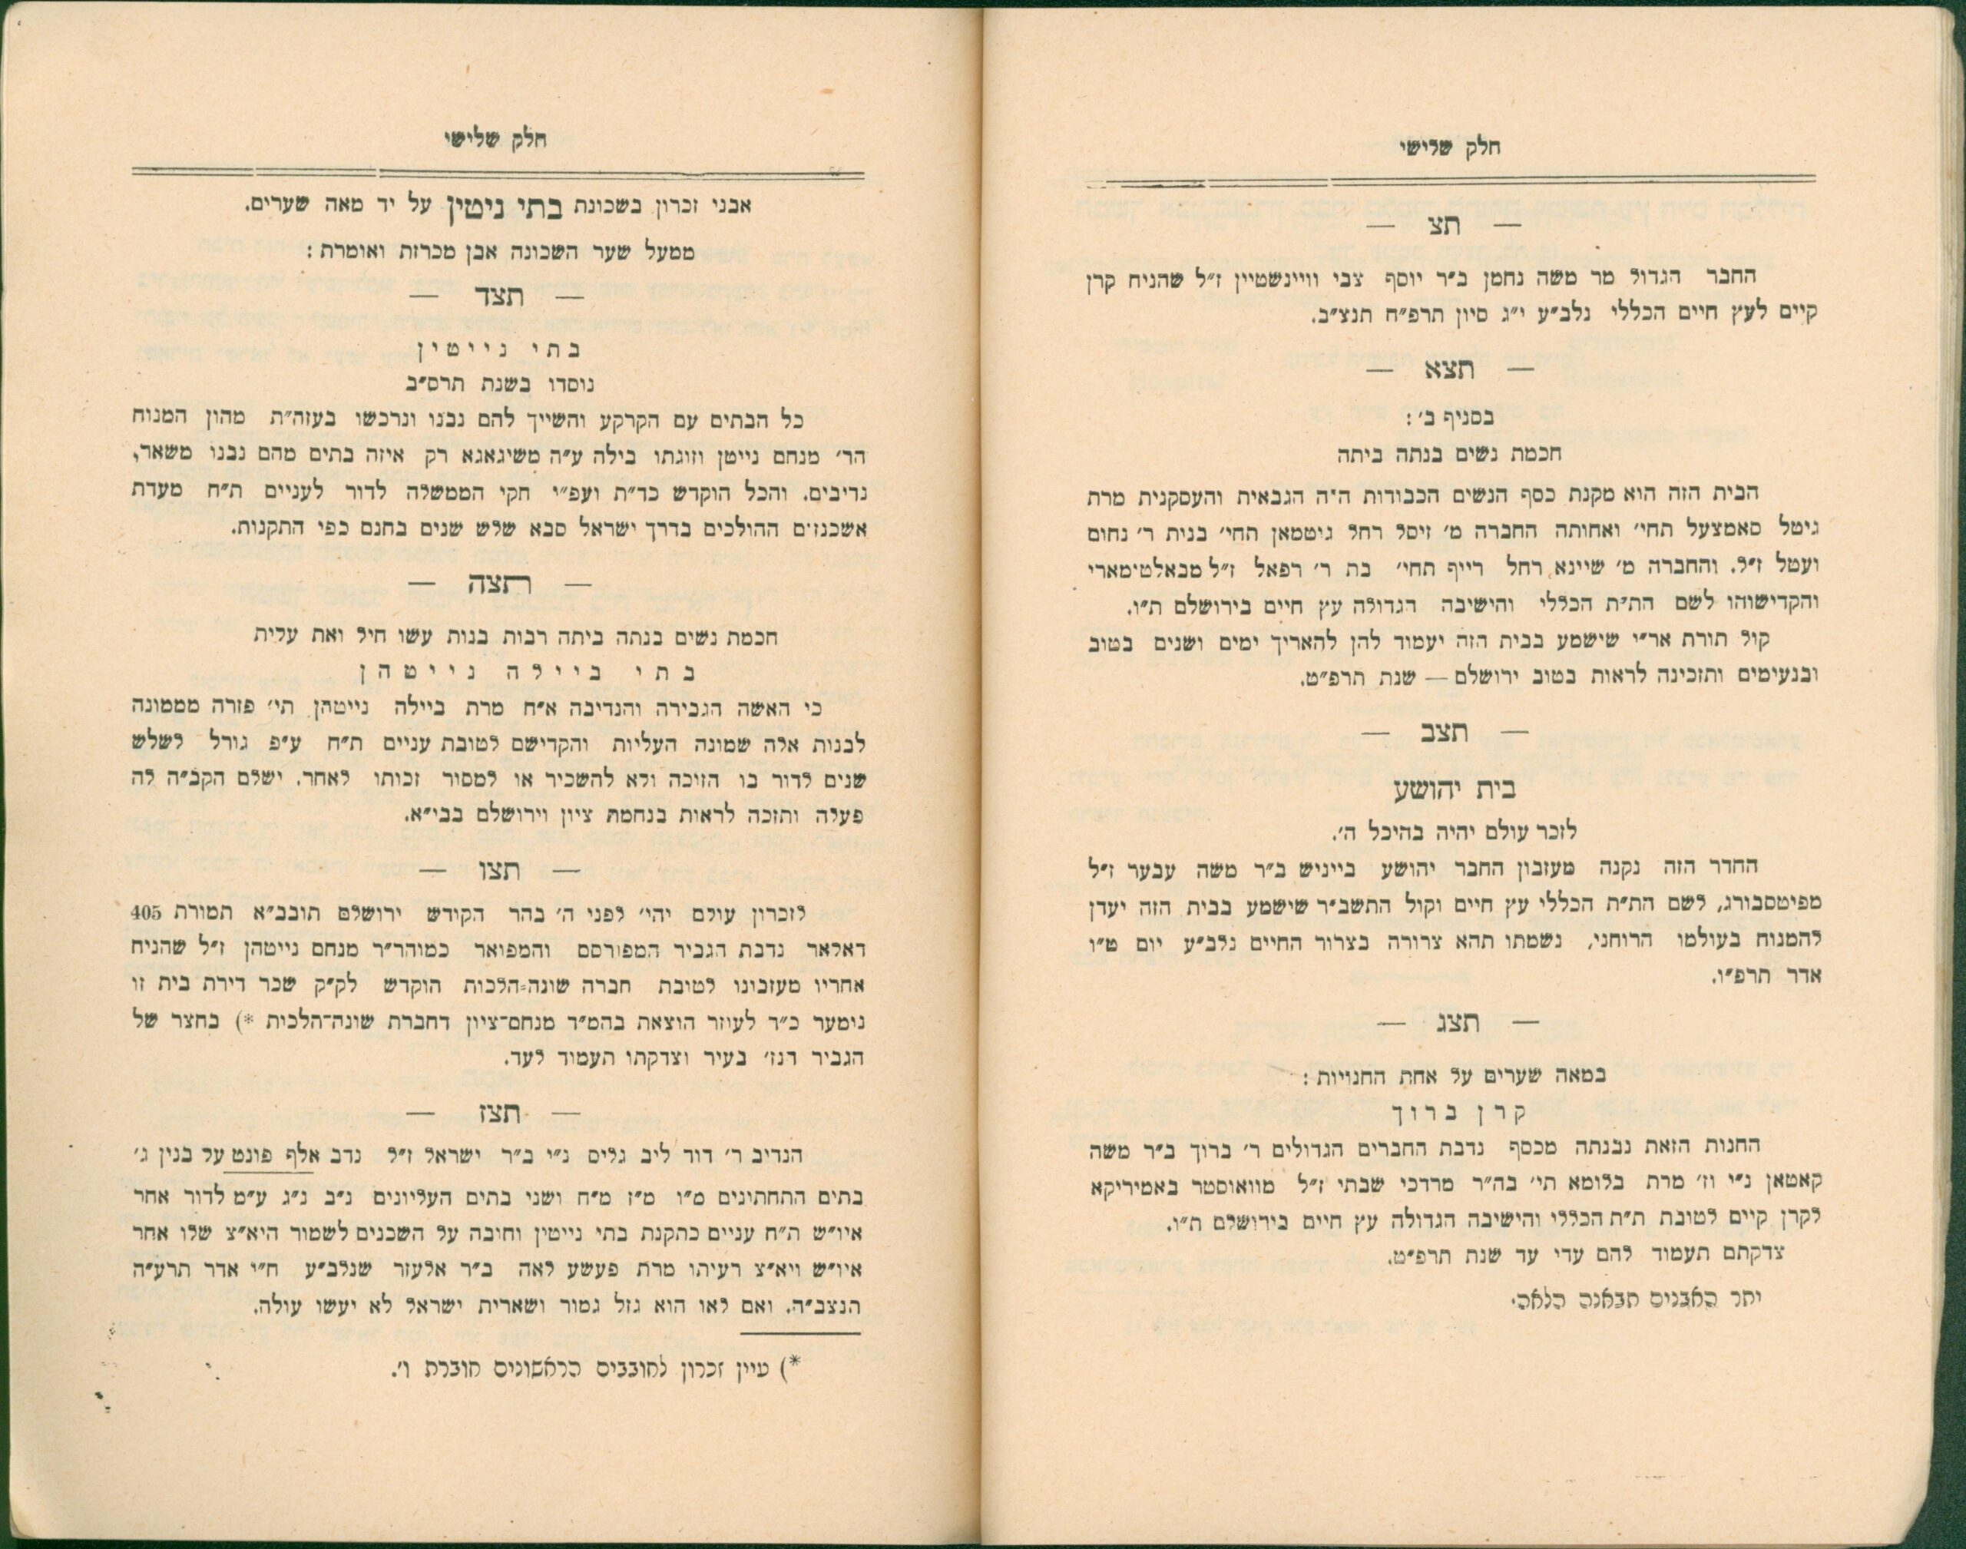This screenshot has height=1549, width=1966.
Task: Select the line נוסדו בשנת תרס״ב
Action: tap(495, 384)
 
